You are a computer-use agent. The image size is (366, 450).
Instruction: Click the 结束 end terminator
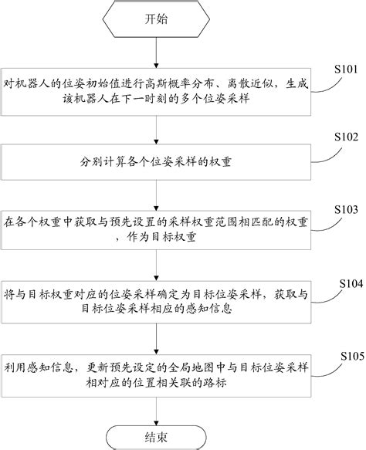click(157, 434)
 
